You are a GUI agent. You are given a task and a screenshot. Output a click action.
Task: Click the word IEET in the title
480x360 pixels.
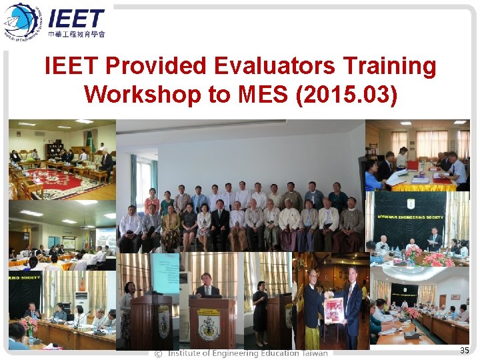click(x=72, y=66)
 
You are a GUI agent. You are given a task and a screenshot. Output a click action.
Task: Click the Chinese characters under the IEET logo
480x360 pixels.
click(x=77, y=33)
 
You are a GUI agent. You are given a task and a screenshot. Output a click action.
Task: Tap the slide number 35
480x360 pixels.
click(x=465, y=350)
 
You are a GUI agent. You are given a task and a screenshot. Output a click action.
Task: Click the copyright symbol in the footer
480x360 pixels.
click(x=158, y=353)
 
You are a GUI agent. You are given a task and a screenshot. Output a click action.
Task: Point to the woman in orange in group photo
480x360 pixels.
click(x=153, y=201)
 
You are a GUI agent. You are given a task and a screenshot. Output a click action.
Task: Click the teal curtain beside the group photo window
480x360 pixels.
click(x=134, y=180)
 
